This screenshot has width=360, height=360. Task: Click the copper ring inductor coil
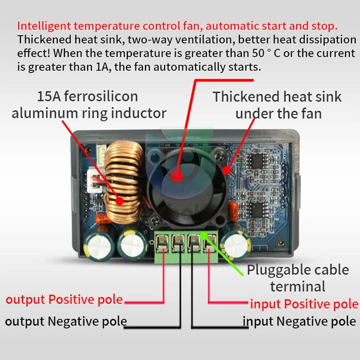click(122, 180)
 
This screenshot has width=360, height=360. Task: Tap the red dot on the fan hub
click(176, 175)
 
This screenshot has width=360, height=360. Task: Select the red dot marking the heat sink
click(226, 170)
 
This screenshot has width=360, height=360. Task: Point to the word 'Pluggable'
click(277, 270)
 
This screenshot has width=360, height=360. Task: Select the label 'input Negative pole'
click(300, 321)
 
